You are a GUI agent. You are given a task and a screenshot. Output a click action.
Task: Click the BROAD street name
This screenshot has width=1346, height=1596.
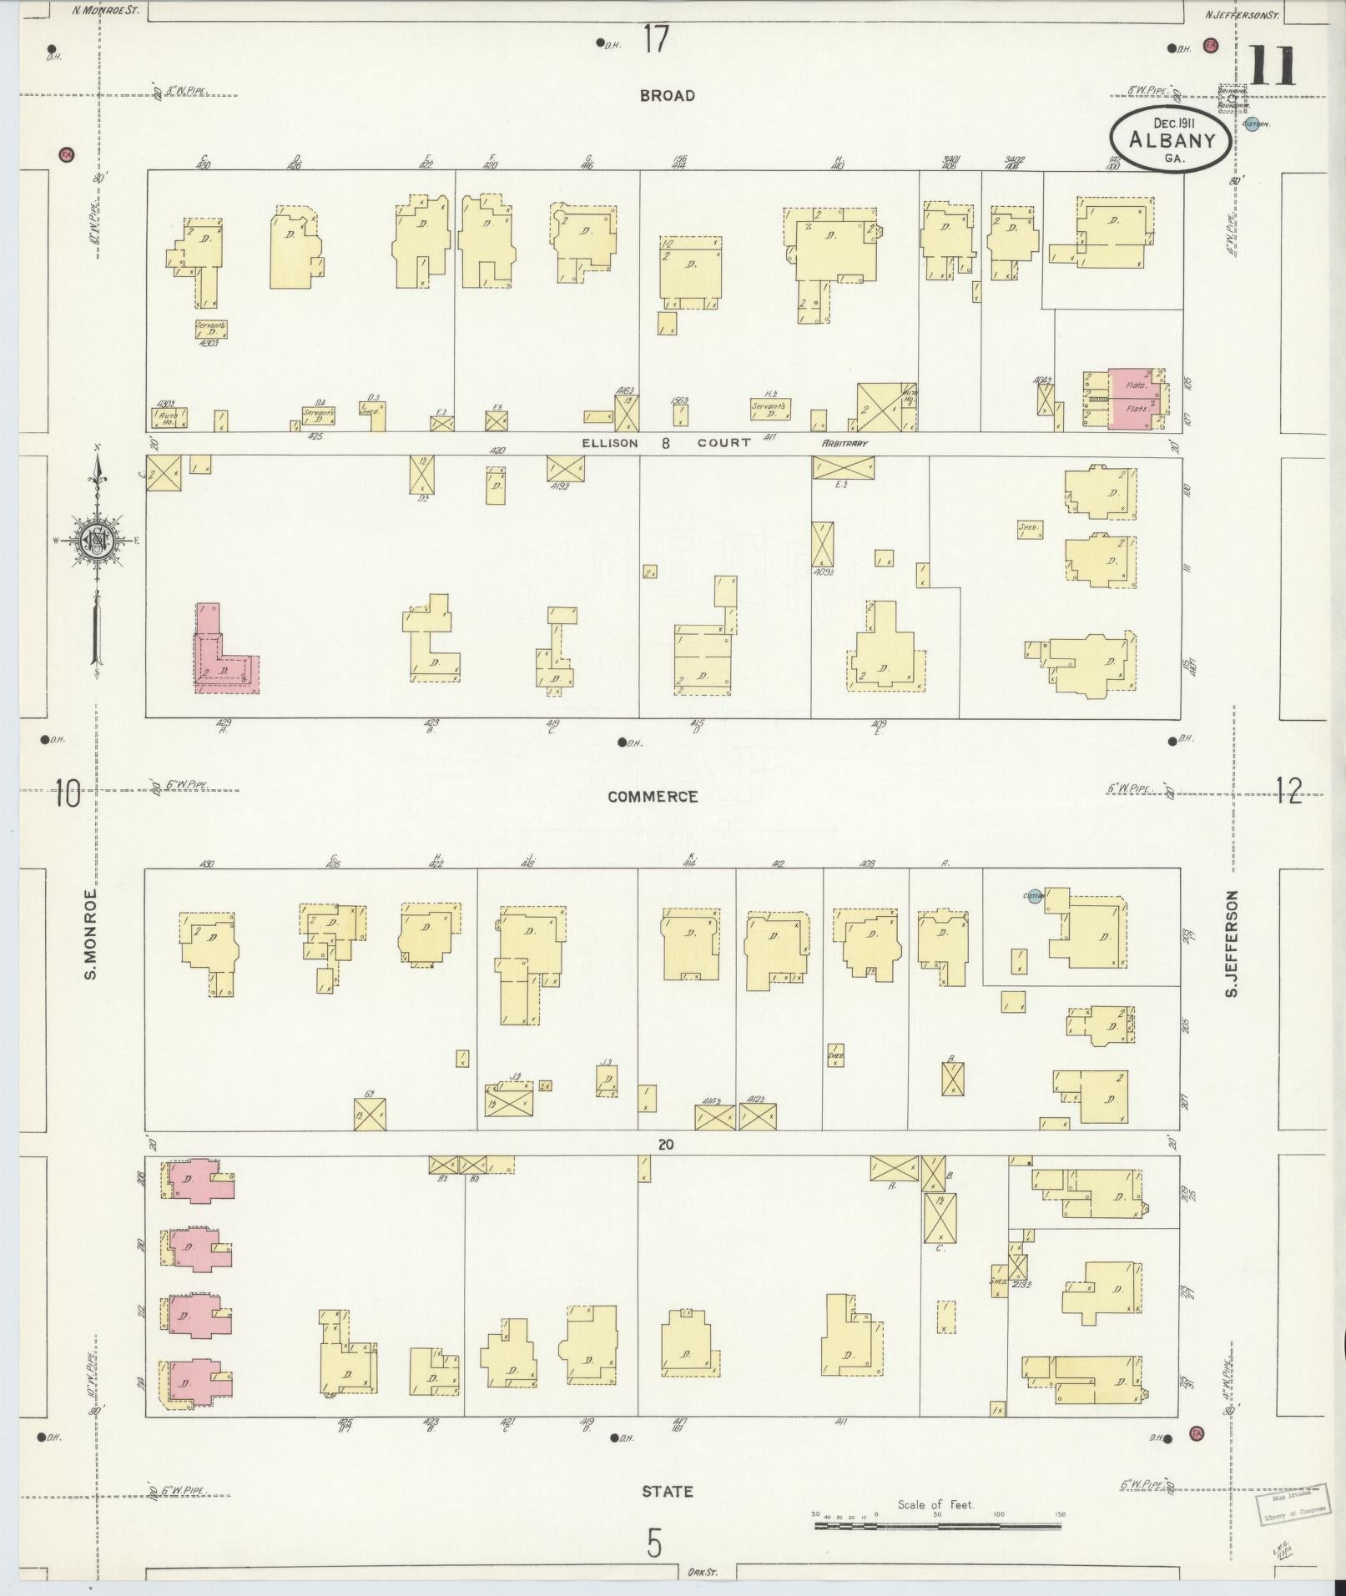click(x=667, y=96)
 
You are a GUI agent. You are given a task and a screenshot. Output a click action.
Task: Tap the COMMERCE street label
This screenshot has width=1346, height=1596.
click(x=653, y=797)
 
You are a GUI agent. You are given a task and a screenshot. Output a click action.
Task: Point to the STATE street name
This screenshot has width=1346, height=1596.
click(x=668, y=1491)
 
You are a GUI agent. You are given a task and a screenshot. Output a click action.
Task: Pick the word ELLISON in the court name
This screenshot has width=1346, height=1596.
click(x=609, y=443)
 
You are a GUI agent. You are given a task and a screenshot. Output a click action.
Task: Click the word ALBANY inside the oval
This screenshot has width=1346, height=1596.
click(x=1171, y=140)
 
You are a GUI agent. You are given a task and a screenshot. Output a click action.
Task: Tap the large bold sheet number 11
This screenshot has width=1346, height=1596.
click(x=1272, y=67)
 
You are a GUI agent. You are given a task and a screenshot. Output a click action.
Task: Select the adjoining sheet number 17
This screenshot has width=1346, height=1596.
click(x=656, y=39)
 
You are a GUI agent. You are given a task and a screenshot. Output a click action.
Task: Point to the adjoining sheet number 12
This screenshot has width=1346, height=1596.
click(x=1288, y=790)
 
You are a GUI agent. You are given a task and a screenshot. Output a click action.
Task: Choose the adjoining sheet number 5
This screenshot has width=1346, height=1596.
click(x=654, y=1544)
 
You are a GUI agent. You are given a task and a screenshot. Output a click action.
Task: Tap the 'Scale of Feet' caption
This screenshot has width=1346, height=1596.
click(x=935, y=1504)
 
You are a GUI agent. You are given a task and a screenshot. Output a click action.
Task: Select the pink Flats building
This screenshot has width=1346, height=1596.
click(x=1135, y=399)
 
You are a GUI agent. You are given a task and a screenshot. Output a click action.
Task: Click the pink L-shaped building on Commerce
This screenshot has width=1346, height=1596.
click(x=224, y=655)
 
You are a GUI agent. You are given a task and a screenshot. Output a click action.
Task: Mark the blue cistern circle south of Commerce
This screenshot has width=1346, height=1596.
click(x=1035, y=896)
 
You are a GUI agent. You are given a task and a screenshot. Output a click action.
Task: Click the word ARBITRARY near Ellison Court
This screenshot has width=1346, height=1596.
click(x=844, y=443)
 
